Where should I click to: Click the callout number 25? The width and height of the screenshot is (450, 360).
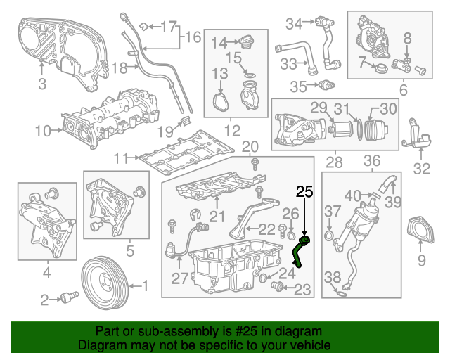pos(304,191)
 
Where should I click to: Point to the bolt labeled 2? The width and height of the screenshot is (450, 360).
pos(68,299)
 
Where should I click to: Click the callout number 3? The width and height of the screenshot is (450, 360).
pos(41,86)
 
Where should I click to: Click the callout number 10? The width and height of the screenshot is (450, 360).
pos(43,130)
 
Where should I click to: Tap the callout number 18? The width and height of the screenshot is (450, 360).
pos(120,67)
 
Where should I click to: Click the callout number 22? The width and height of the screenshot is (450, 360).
pos(266,229)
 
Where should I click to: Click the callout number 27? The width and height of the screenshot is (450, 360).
pos(179,278)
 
